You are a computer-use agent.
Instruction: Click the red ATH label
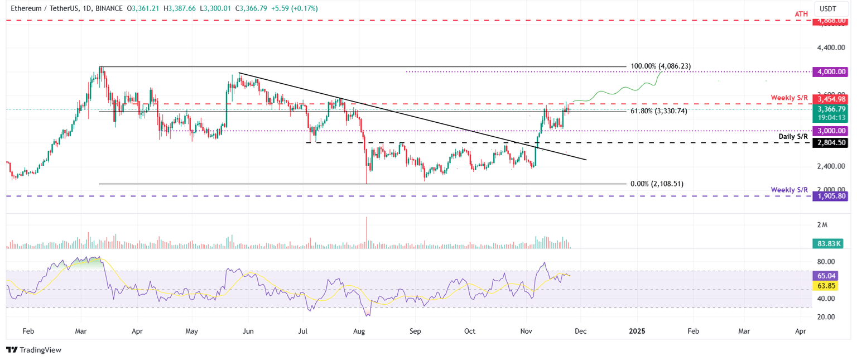pyautogui.click(x=802, y=13)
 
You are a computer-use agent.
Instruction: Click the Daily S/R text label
pyautogui.click(x=793, y=136)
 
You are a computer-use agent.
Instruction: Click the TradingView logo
pyautogui.click(x=34, y=350)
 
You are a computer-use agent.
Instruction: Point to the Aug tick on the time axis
pyautogui.click(x=359, y=331)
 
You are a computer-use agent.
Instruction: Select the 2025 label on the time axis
pyautogui.click(x=637, y=331)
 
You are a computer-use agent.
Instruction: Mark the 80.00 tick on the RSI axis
pyautogui.click(x=826, y=262)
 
